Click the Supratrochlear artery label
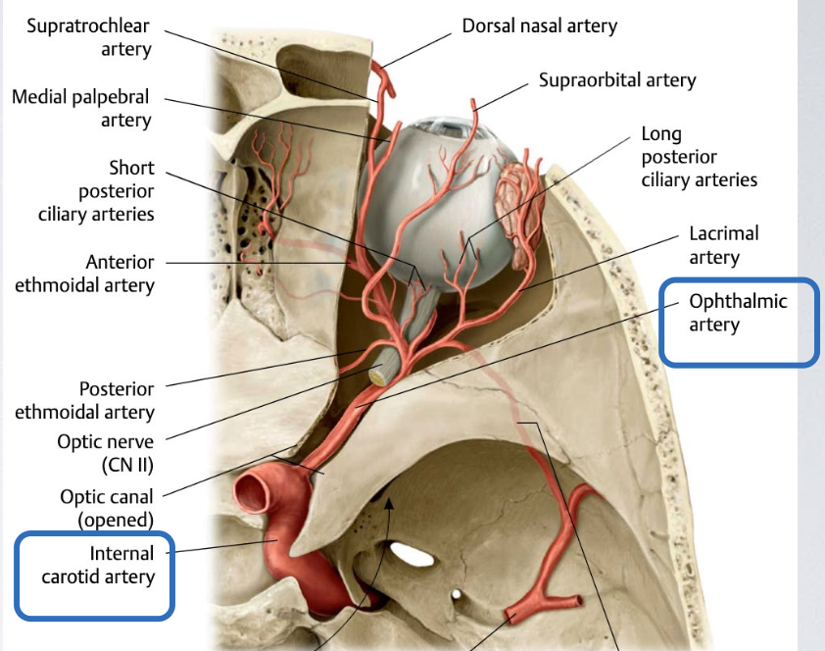pyautogui.click(x=82, y=36)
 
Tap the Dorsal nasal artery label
pyautogui.click(x=539, y=25)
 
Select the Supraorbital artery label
pyautogui.click(x=616, y=79)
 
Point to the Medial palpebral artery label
pyautogui.click(x=81, y=109)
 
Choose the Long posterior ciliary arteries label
pyautogui.click(x=699, y=157)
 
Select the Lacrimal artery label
pyautogui.click(x=723, y=245)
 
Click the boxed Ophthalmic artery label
pyautogui.click(x=738, y=313)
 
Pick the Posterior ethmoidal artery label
pyautogui.click(x=84, y=401)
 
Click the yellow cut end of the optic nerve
pyautogui.click(x=376, y=372)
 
